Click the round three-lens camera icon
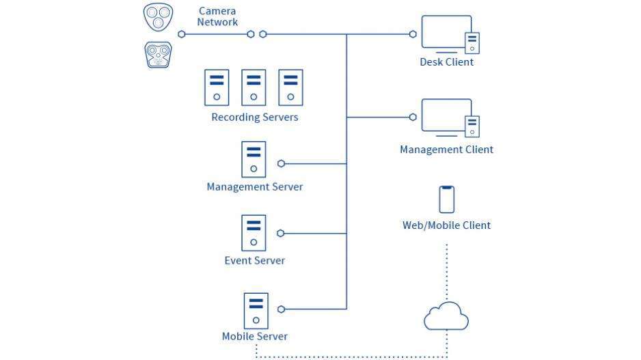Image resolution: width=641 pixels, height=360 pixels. click(158, 16)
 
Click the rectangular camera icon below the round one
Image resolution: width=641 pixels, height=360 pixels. click(158, 55)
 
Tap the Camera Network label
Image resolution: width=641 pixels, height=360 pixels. click(217, 16)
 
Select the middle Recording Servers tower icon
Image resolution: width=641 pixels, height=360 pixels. click(254, 87)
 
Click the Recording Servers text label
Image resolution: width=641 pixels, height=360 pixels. click(254, 117)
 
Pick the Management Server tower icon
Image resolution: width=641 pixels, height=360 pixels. click(254, 159)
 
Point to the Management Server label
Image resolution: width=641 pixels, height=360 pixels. click(254, 186)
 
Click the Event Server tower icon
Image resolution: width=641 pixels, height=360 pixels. click(254, 232)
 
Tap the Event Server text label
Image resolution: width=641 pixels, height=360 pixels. click(254, 260)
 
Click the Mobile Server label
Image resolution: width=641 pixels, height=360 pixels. click(254, 336)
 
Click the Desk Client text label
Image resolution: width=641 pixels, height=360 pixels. click(446, 62)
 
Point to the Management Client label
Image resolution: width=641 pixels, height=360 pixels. click(446, 150)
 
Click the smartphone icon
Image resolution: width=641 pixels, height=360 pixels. click(447, 199)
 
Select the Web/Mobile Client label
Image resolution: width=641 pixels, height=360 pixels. click(446, 225)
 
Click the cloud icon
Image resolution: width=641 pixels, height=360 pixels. click(446, 317)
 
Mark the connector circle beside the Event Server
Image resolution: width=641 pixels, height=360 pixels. click(281, 234)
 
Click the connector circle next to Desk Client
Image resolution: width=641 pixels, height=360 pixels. click(413, 34)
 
